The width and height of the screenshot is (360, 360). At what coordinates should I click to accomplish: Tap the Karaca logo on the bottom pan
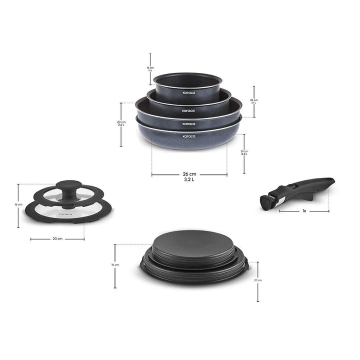pos(188,136)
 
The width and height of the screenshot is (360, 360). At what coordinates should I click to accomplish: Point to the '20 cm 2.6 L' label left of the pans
pos(121,123)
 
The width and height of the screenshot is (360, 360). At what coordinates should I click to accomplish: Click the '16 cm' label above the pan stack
pos(150,69)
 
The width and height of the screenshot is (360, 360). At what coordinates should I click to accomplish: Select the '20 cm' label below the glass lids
pos(57,239)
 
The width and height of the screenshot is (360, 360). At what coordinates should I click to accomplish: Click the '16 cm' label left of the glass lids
pos(18,204)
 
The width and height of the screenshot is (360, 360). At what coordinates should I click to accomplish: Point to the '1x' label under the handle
pos(303,211)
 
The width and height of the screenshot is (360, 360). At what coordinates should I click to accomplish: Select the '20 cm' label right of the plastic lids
pos(258,280)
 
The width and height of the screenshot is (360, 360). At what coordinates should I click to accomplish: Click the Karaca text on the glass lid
pos(64,213)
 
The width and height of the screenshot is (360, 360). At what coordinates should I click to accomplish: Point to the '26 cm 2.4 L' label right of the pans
pos(254,101)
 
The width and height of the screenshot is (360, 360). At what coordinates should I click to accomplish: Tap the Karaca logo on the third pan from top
pos(188,123)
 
